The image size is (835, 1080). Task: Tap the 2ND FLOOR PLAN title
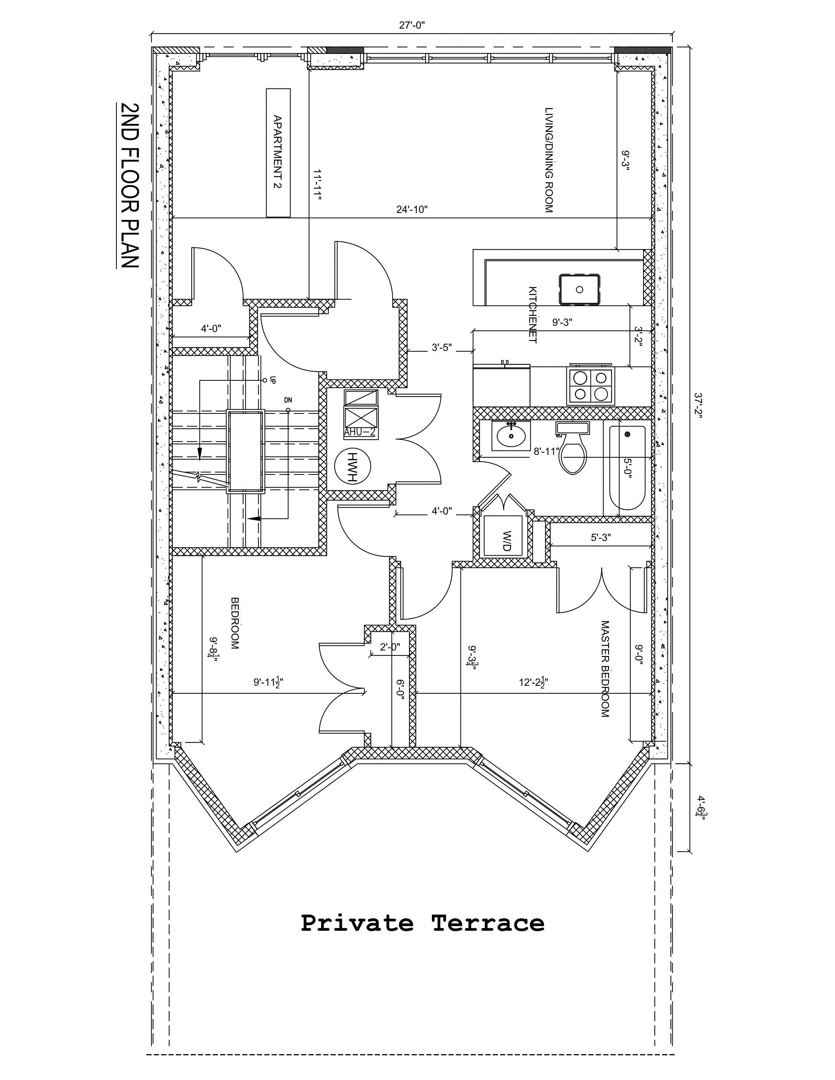[x=129, y=186]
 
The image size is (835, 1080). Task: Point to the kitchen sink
[x=580, y=290]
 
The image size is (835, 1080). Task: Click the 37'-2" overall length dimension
[x=698, y=405]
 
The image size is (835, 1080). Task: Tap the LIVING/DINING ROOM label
[x=548, y=160]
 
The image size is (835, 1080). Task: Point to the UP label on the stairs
[x=272, y=380]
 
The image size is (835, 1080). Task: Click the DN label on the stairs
[x=288, y=400]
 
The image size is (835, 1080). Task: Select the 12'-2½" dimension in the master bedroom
[x=533, y=682]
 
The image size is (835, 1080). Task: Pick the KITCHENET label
[x=533, y=315]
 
